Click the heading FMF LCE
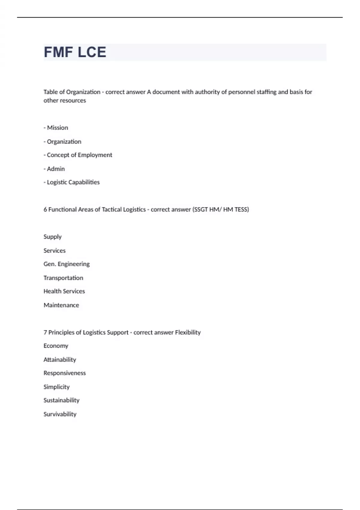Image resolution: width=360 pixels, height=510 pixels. pyautogui.click(x=75, y=52)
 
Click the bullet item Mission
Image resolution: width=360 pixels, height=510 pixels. pyautogui.click(x=56, y=128)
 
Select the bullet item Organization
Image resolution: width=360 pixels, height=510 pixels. pyautogui.click(x=62, y=142)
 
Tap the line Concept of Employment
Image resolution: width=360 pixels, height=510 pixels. pyautogui.click(x=78, y=155)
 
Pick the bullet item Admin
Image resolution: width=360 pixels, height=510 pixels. pyautogui.click(x=54, y=169)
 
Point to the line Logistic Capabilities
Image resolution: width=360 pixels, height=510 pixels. pyautogui.click(x=72, y=182)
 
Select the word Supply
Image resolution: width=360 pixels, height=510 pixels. pyautogui.click(x=52, y=237)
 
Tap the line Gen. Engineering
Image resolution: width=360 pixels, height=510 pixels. pyautogui.click(x=67, y=264)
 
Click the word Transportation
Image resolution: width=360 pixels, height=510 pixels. pyautogui.click(x=63, y=278)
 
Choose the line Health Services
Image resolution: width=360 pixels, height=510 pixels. pyautogui.click(x=64, y=291)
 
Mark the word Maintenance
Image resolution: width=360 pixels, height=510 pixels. pyautogui.click(x=61, y=305)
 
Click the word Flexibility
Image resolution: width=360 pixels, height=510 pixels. pyautogui.click(x=188, y=332)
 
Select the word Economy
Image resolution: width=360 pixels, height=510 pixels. pyautogui.click(x=56, y=346)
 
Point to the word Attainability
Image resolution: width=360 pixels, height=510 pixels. pyautogui.click(x=60, y=360)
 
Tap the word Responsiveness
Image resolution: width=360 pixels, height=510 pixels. pyautogui.click(x=64, y=373)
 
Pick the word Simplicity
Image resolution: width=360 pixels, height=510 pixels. pyautogui.click(x=56, y=387)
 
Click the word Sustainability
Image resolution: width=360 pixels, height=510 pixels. pyautogui.click(x=61, y=400)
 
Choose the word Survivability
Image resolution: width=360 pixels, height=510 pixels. pyautogui.click(x=60, y=414)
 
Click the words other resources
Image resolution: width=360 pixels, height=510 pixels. pyautogui.click(x=65, y=100)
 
